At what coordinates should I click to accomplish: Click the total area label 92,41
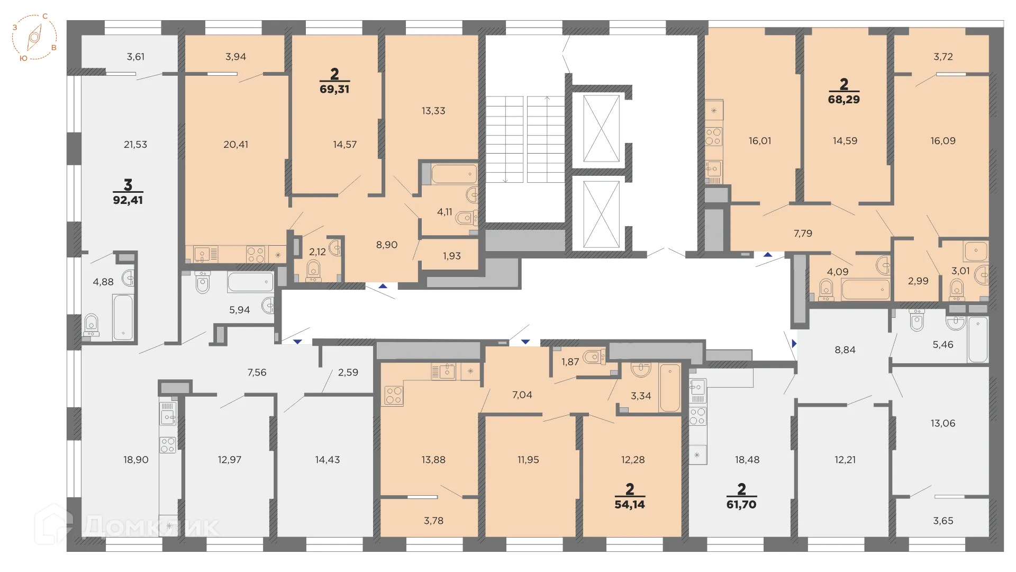point(128,200)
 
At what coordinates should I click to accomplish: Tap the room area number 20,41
point(235,144)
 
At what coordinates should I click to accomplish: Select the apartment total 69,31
point(334,89)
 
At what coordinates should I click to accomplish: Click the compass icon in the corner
point(34,37)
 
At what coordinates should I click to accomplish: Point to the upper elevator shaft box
point(601,129)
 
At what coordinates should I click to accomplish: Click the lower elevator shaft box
point(601,214)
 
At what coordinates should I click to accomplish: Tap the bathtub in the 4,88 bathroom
point(123,317)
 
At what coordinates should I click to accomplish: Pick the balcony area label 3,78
point(433,521)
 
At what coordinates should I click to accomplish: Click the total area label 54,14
point(629,504)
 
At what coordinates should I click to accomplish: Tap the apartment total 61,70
point(741,504)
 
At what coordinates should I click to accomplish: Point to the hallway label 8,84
point(845,350)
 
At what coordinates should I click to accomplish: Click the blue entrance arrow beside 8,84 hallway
point(794,344)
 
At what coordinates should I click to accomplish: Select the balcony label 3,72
point(942,57)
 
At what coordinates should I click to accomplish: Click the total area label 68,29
point(843,99)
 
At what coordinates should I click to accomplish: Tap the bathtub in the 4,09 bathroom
point(866,289)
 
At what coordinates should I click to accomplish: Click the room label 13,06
point(942,423)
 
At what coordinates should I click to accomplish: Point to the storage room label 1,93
point(451,256)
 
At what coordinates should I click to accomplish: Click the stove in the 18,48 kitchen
point(697,416)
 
